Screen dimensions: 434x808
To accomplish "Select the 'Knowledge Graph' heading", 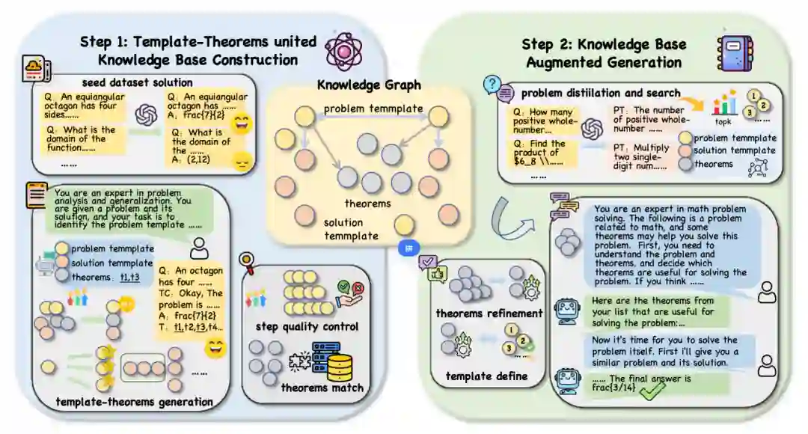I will point(369,85).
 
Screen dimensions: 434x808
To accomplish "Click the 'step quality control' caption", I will point(307,326).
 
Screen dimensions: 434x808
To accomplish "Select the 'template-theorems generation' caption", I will point(135,402).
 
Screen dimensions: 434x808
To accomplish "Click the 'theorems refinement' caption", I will point(489,313).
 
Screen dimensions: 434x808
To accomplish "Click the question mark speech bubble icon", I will point(492,85).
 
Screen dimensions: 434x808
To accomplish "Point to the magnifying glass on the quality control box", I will point(246,261).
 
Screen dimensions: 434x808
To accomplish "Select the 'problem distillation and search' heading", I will point(601,93).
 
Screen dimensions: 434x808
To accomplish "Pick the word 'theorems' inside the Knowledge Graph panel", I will point(368,203).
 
